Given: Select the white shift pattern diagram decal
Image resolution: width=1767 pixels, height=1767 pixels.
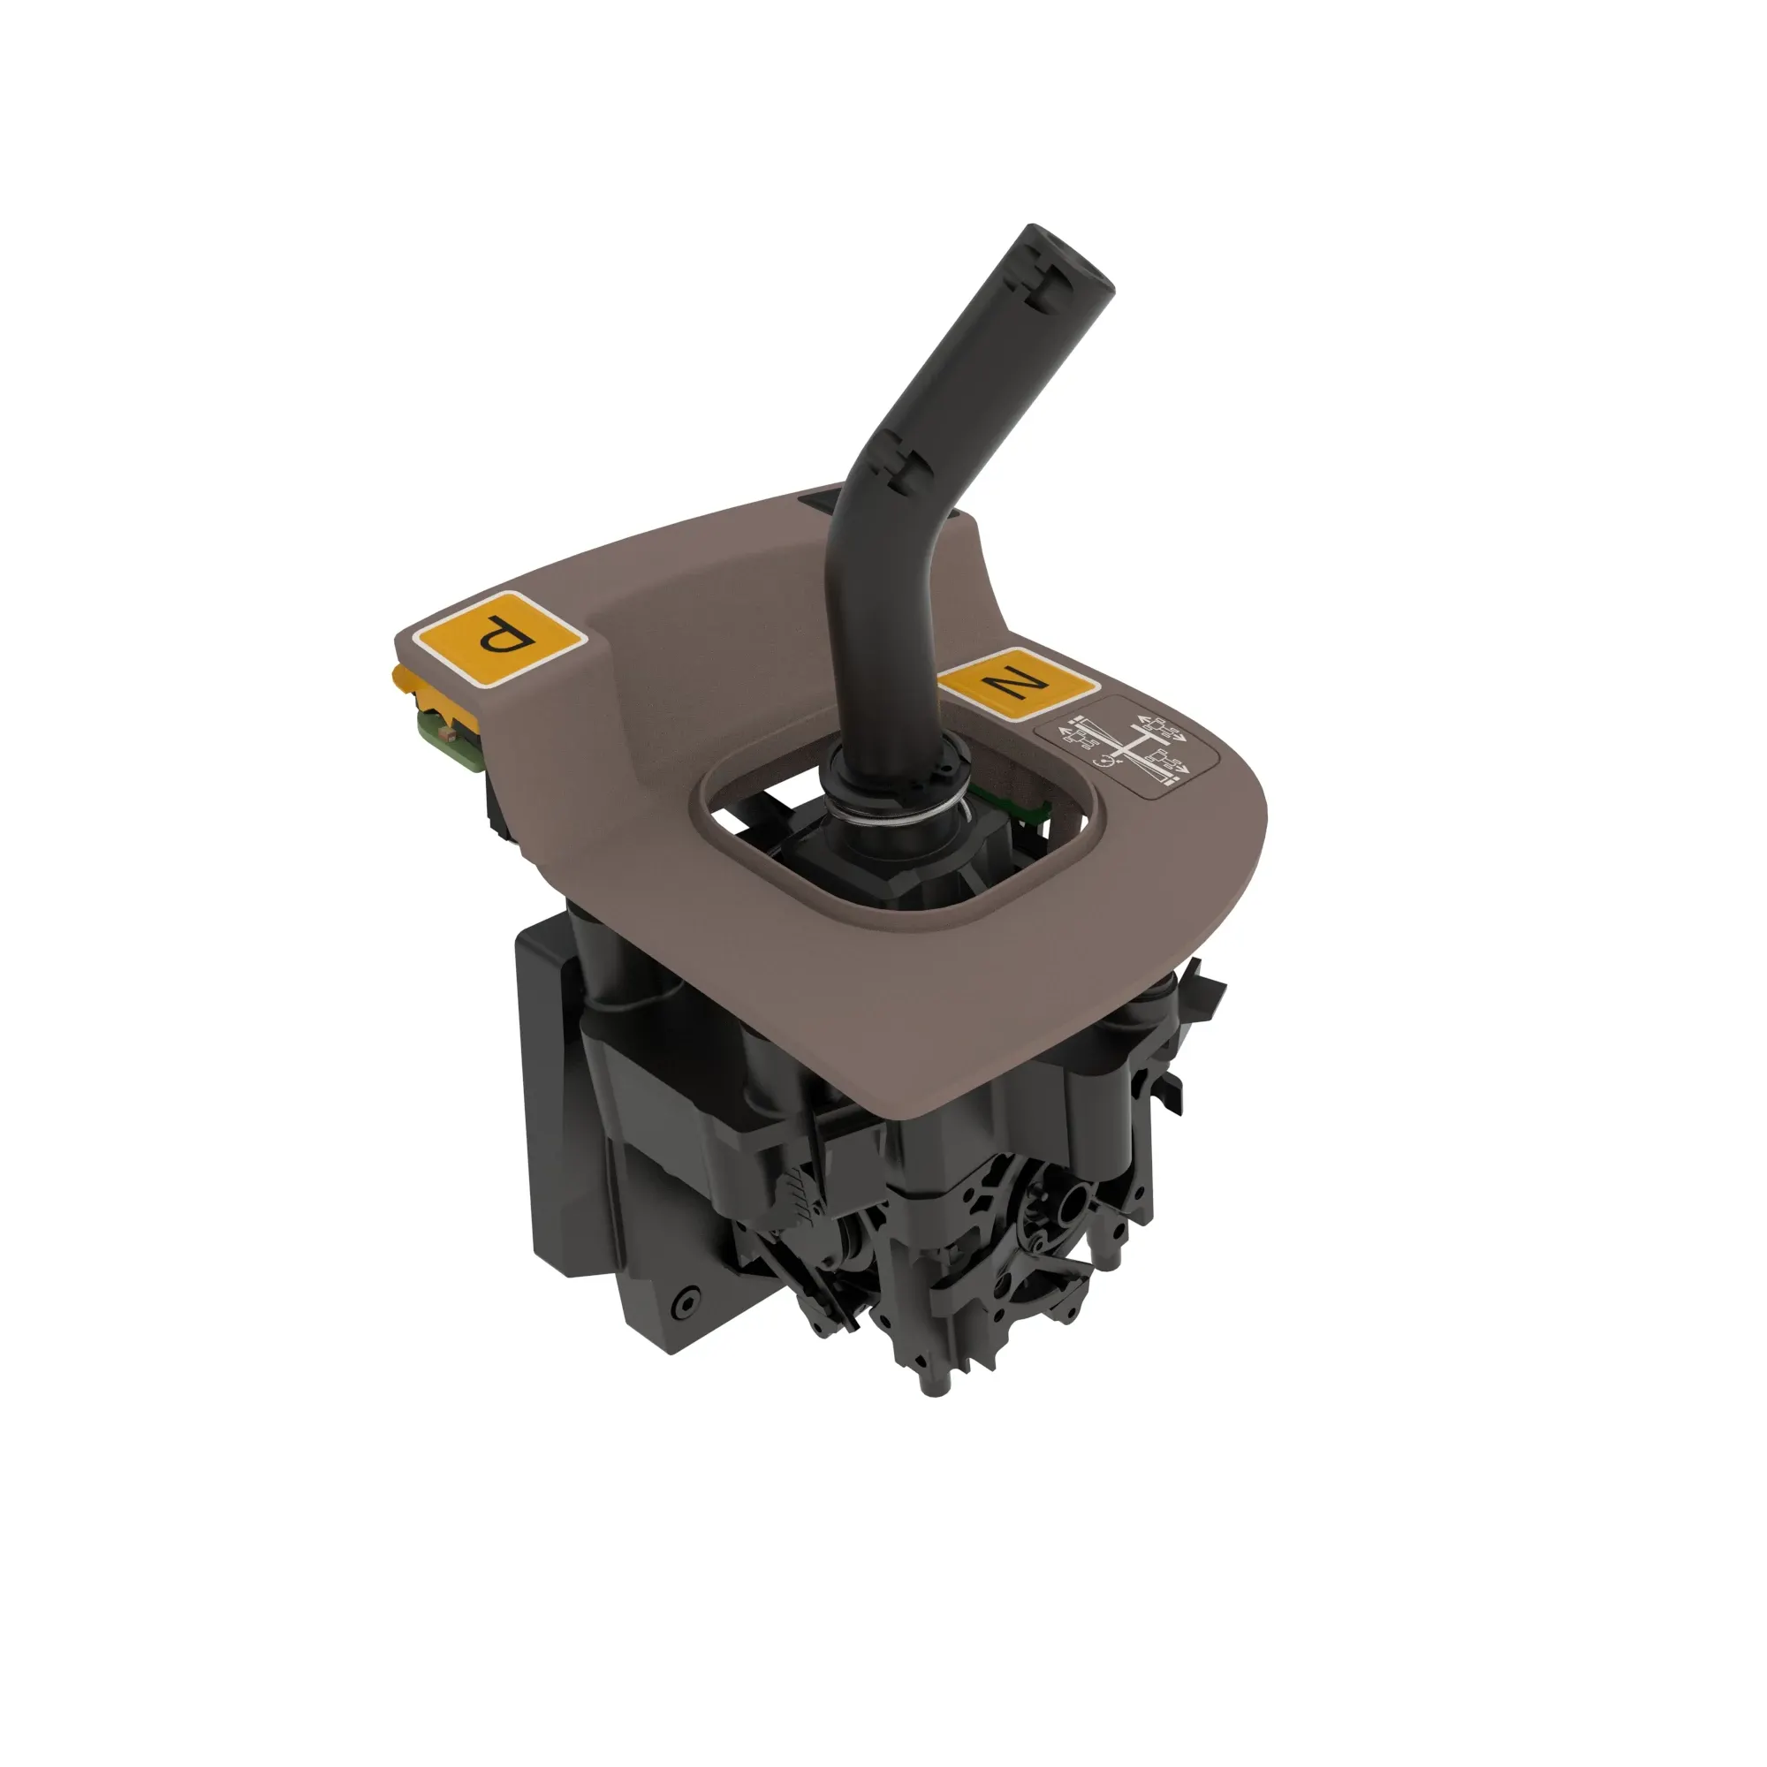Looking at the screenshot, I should point(1126,747).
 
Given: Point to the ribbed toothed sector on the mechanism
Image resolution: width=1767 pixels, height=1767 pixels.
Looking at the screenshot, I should point(796,1194).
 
